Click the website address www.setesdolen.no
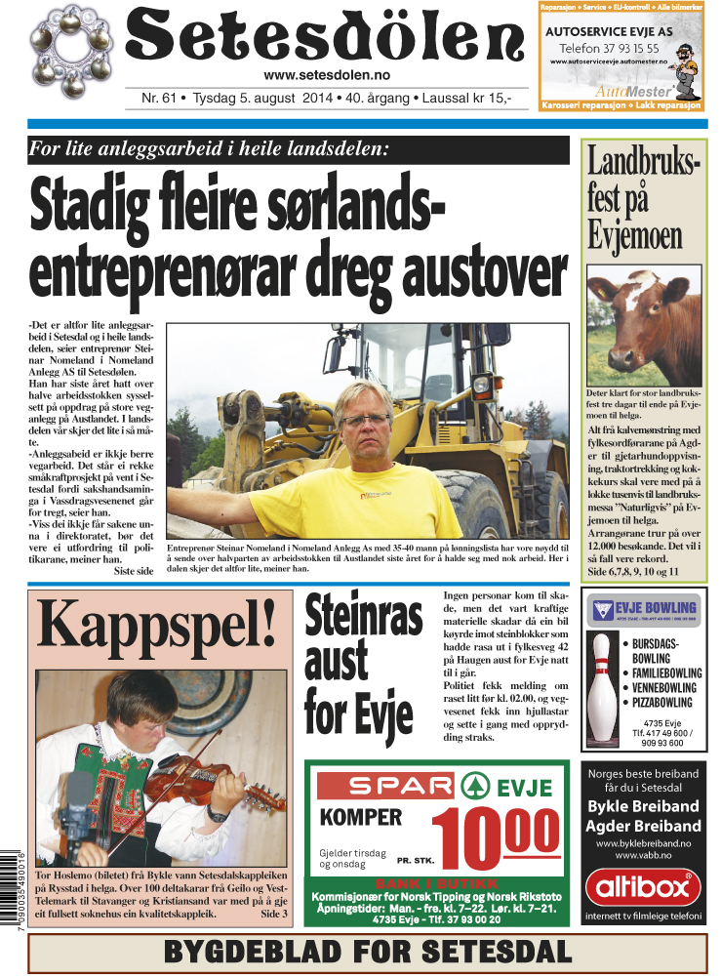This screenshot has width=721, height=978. [x=326, y=76]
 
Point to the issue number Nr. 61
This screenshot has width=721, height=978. [x=158, y=99]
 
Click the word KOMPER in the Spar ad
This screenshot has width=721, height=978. [x=361, y=818]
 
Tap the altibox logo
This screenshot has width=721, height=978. [x=643, y=887]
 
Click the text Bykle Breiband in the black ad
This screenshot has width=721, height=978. [x=643, y=806]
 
